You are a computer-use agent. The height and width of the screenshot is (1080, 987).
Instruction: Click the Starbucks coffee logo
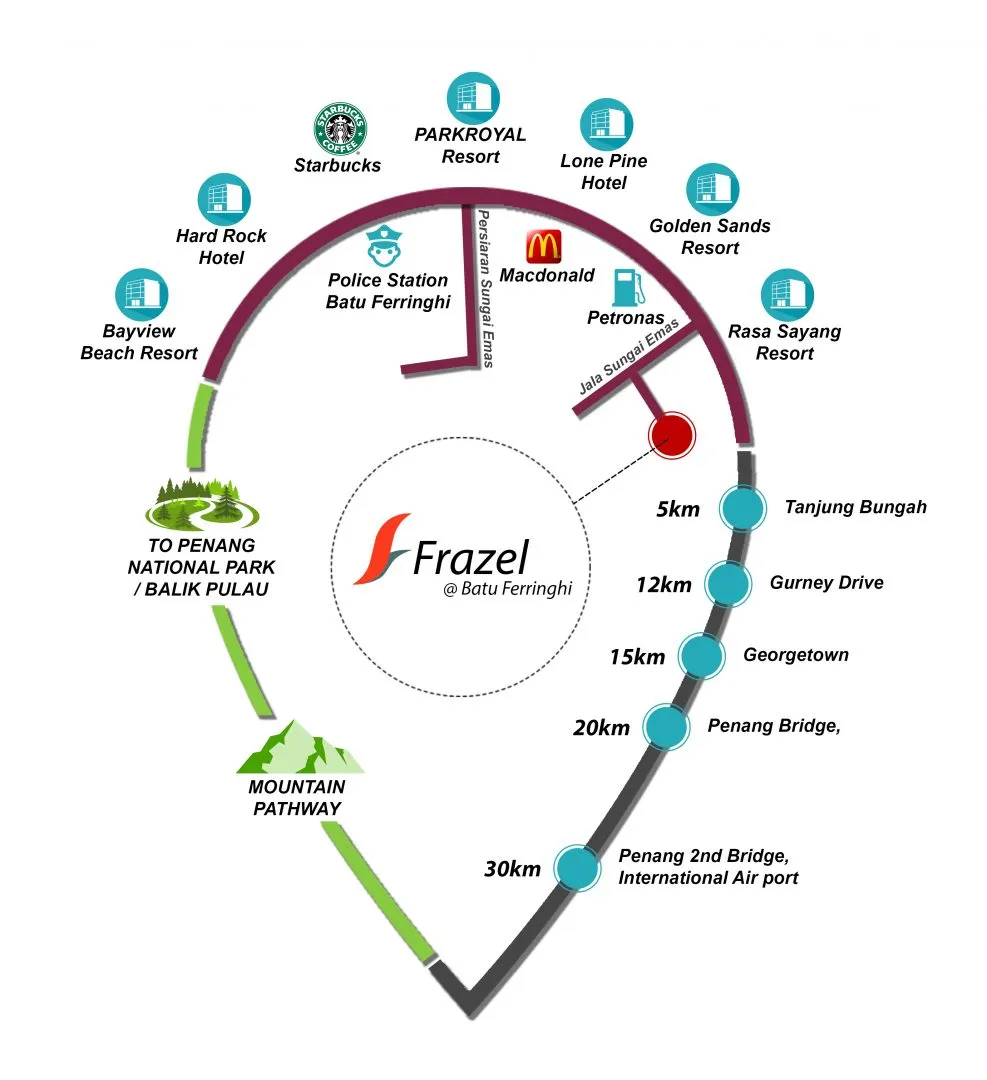click(340, 129)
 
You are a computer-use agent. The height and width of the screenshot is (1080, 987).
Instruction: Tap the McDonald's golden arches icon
click(544, 247)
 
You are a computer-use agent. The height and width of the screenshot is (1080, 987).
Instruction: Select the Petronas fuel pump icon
click(628, 287)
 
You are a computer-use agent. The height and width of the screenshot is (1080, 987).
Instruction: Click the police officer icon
click(384, 246)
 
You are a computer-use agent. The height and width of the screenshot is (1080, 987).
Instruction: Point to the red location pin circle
click(672, 435)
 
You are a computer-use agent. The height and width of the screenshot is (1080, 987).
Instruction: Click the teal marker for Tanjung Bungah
click(742, 508)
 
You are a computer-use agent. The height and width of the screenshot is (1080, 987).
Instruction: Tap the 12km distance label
click(663, 585)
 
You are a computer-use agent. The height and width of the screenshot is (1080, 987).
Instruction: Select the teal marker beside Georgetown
click(701, 656)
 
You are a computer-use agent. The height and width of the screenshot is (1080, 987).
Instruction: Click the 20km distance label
click(601, 728)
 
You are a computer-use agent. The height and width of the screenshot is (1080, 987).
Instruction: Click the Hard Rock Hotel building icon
click(224, 200)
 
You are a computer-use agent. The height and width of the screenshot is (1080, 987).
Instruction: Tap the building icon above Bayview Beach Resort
click(142, 295)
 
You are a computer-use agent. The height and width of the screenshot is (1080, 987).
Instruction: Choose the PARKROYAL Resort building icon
click(473, 98)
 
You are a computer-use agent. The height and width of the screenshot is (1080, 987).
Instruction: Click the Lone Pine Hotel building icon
click(606, 125)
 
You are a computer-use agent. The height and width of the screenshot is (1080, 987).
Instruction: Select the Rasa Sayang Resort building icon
click(787, 295)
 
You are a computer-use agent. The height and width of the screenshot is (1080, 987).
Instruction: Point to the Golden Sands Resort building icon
click(713, 189)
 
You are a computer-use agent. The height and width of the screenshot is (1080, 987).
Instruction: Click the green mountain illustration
click(300, 747)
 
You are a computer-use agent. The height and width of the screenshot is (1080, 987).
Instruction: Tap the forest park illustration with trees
click(202, 504)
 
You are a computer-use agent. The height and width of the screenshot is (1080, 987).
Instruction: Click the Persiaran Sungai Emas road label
click(486, 289)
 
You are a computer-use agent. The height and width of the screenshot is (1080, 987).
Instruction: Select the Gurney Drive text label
click(827, 583)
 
